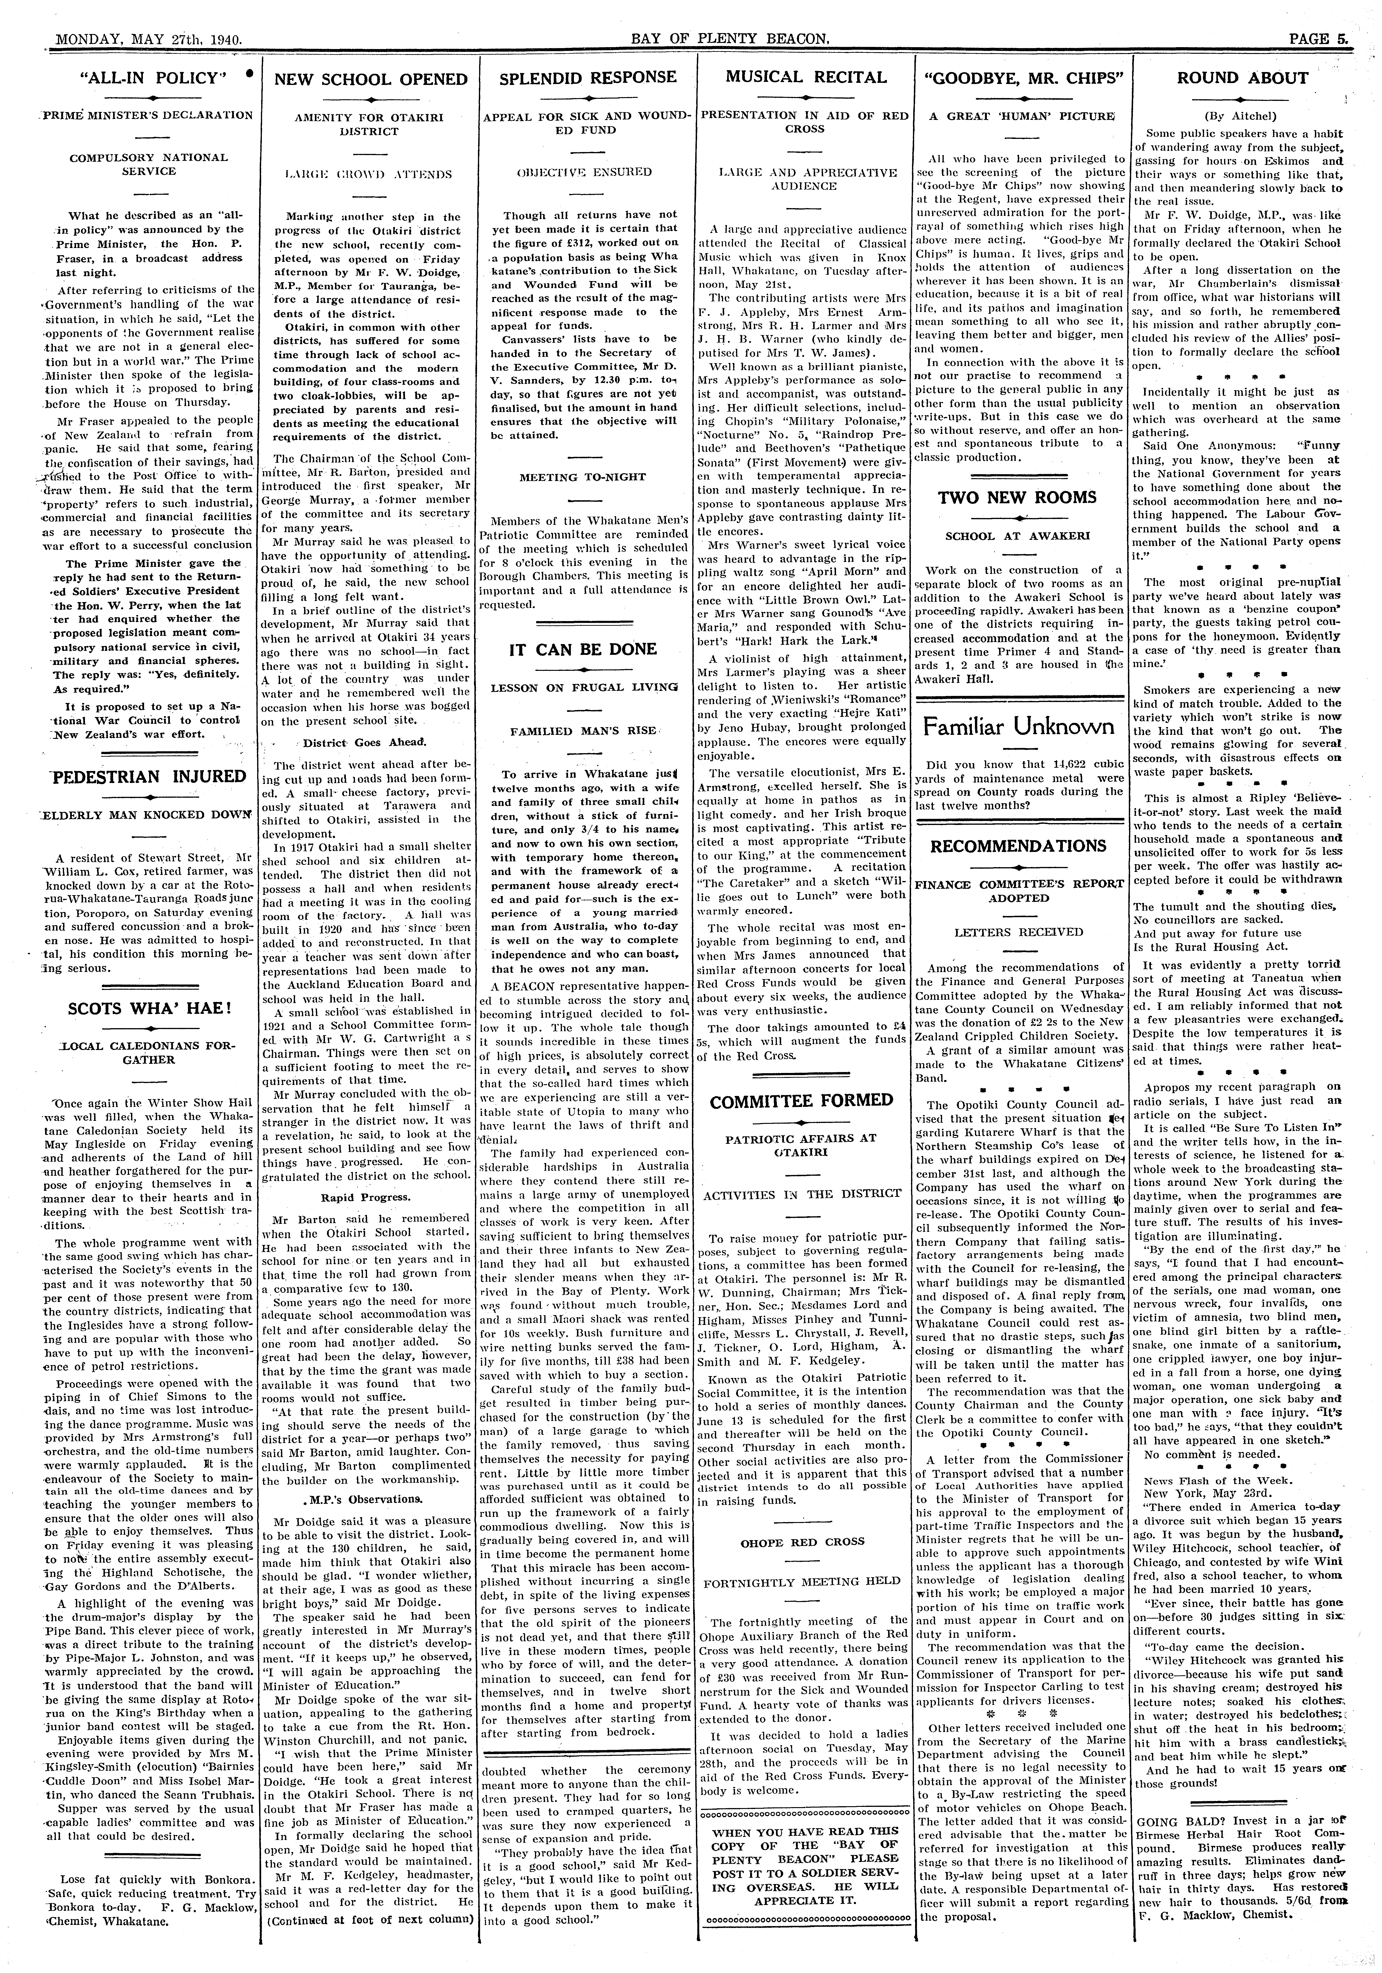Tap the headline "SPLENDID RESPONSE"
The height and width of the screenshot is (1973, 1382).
pyautogui.click(x=588, y=77)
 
